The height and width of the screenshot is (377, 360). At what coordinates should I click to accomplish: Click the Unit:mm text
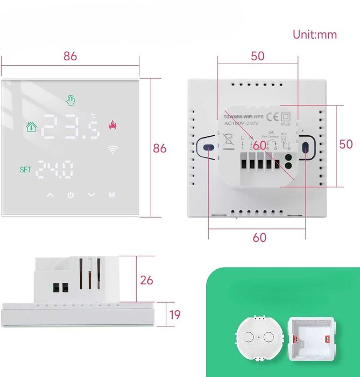pyautogui.click(x=315, y=34)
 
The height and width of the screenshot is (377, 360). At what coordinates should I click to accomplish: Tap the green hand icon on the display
pyautogui.click(x=70, y=100)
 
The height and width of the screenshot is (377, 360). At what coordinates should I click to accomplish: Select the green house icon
pyautogui.click(x=32, y=127)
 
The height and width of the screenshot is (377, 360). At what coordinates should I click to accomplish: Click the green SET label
pyautogui.click(x=25, y=169)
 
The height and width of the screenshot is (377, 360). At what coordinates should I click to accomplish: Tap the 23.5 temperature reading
pyautogui.click(x=70, y=128)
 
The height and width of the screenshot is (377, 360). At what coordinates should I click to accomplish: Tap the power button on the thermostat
pyautogui.click(x=70, y=194)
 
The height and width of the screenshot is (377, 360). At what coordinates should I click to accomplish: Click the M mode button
pyautogui.click(x=111, y=194)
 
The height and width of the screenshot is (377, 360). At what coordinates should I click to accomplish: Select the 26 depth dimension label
pyautogui.click(x=146, y=280)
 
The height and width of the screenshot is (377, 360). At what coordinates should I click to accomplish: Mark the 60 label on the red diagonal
pyautogui.click(x=260, y=145)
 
